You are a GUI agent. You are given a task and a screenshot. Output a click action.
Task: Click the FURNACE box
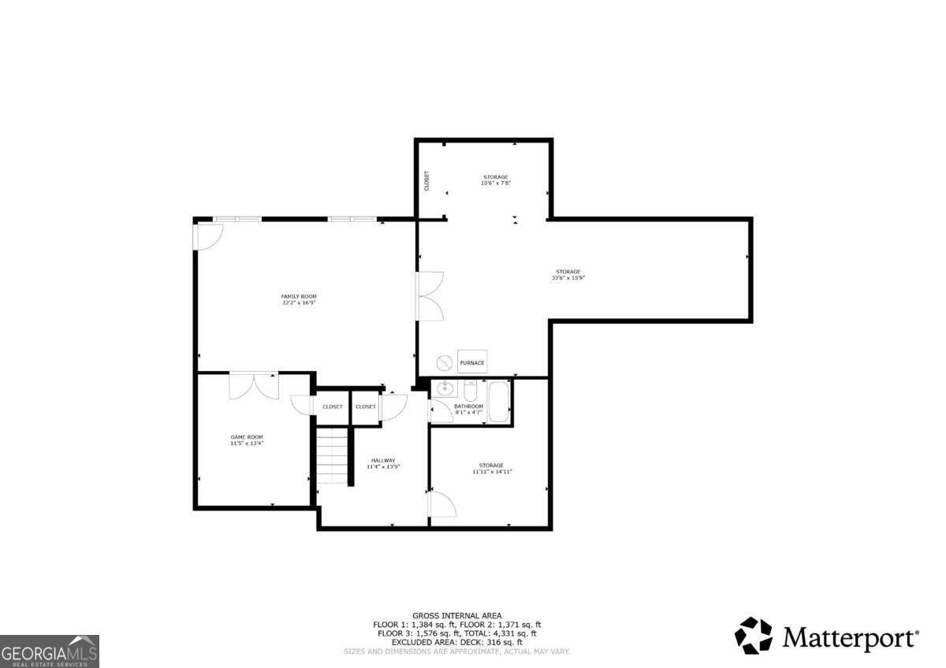pos(472,362)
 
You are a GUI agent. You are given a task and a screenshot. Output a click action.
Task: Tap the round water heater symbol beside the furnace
pos(445,362)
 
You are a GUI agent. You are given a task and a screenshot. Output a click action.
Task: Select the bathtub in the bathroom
pos(499,402)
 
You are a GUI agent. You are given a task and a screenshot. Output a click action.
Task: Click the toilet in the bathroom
pos(471,391)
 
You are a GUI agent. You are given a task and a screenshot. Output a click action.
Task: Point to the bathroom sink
pos(445,388)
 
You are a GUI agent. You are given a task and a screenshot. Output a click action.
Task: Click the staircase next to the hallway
pos(333,455)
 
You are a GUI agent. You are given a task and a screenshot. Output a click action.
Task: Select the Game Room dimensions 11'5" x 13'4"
pos(247,443)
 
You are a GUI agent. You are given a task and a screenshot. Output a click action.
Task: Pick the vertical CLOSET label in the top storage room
pos(427,181)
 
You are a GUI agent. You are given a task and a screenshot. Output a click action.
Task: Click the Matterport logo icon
pos(754,635)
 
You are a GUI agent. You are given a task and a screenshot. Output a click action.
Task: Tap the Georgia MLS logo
pos(50,651)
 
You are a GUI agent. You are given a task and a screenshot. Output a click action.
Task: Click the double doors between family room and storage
pos(430,296)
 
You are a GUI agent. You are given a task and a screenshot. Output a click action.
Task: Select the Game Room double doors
pos(254,386)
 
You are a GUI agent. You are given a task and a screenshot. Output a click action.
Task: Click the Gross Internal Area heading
pos(457,615)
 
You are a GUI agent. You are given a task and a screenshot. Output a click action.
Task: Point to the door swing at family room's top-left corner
pos(209,236)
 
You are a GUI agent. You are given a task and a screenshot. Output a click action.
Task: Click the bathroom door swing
pos(438,412)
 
